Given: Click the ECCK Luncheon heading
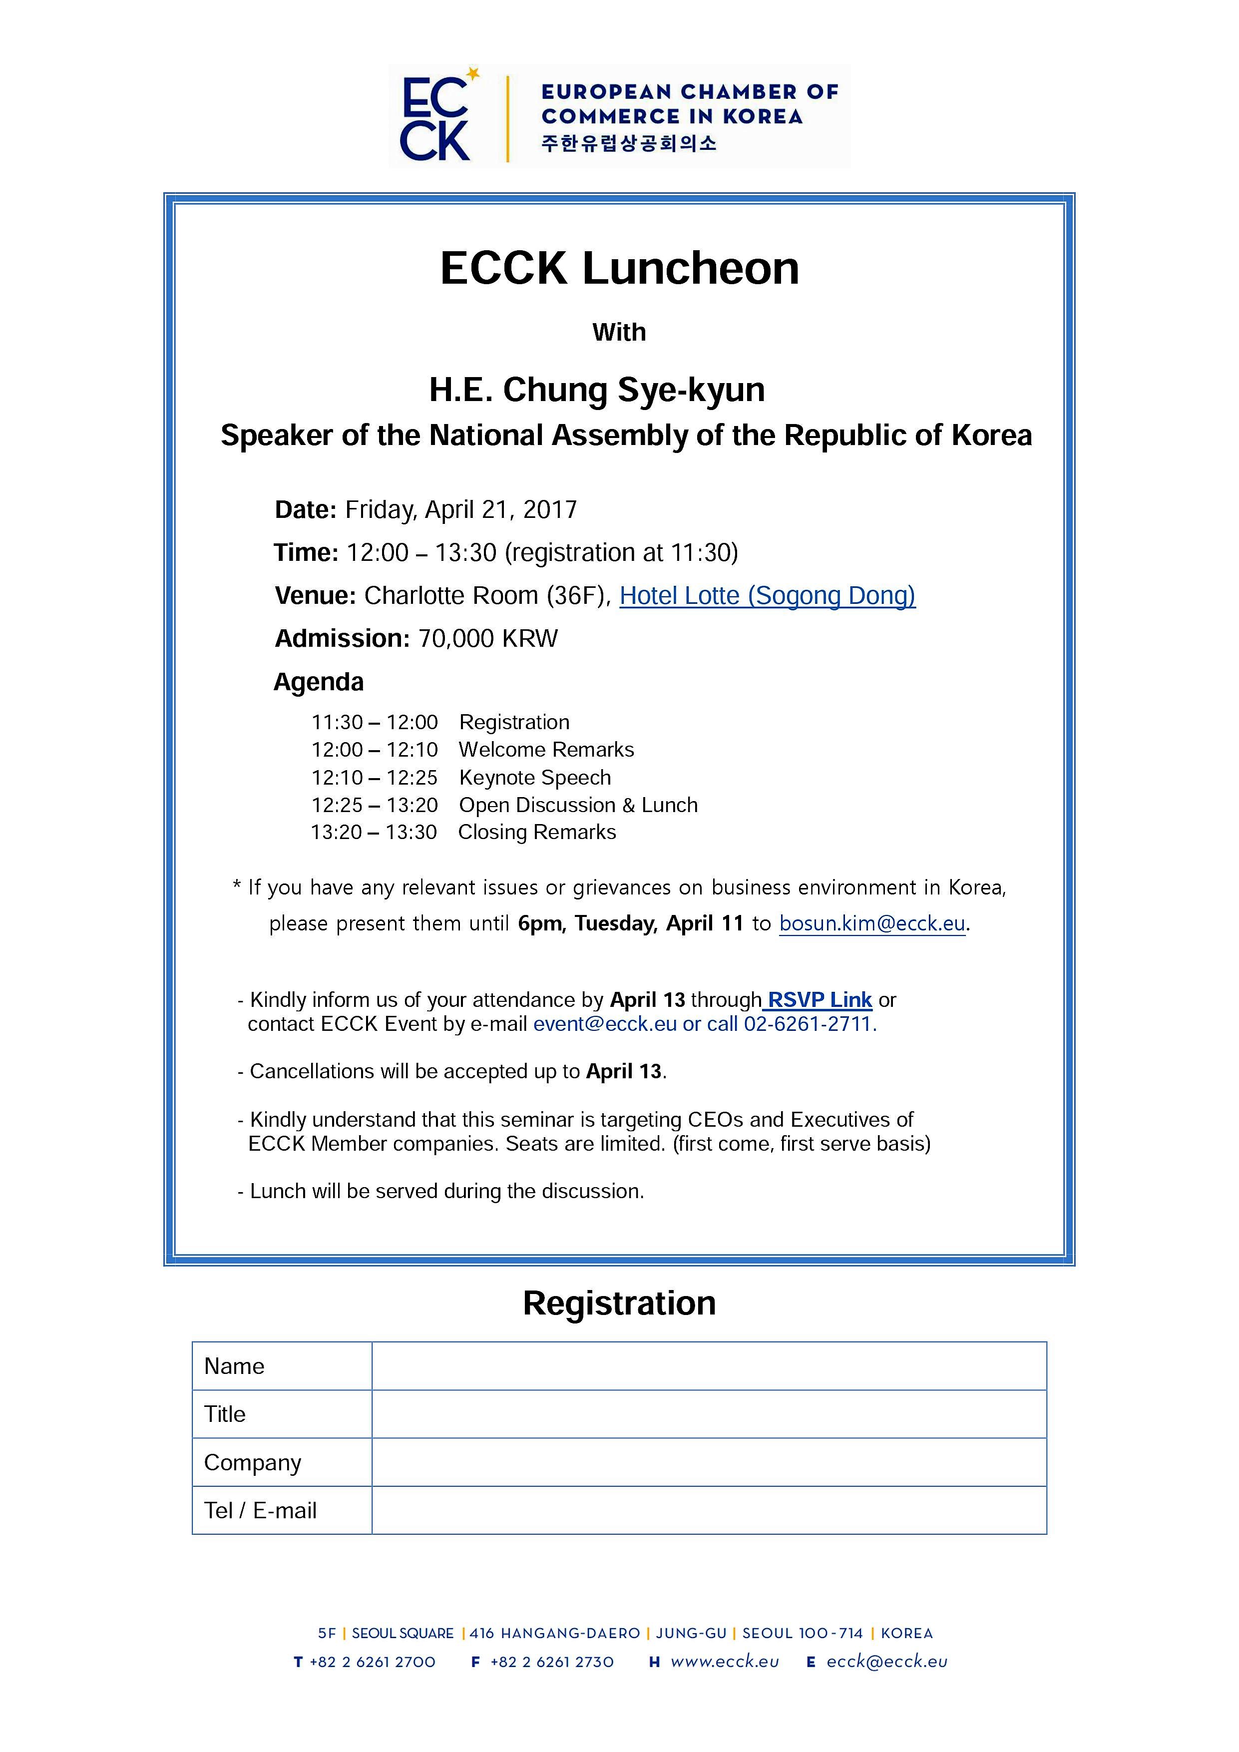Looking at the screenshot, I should point(619,269).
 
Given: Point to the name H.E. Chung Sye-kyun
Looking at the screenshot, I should point(597,390).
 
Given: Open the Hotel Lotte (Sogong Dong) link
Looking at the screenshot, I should point(767,595).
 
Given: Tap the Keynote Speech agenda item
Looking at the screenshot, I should point(535,778).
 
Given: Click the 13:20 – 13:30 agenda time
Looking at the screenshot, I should point(374,833).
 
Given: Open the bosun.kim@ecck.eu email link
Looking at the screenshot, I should point(872,923).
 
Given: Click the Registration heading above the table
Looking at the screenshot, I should point(619,1304).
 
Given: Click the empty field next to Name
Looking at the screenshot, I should point(709,1366).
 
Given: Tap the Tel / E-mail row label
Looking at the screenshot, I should point(260,1510).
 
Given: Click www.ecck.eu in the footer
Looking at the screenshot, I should point(725,1662).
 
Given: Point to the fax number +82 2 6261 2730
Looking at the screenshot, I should point(552,1662).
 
